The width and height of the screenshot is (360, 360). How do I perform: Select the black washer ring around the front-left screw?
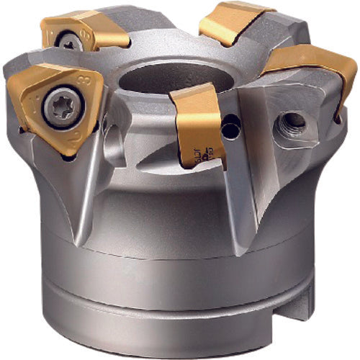(48, 106)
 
